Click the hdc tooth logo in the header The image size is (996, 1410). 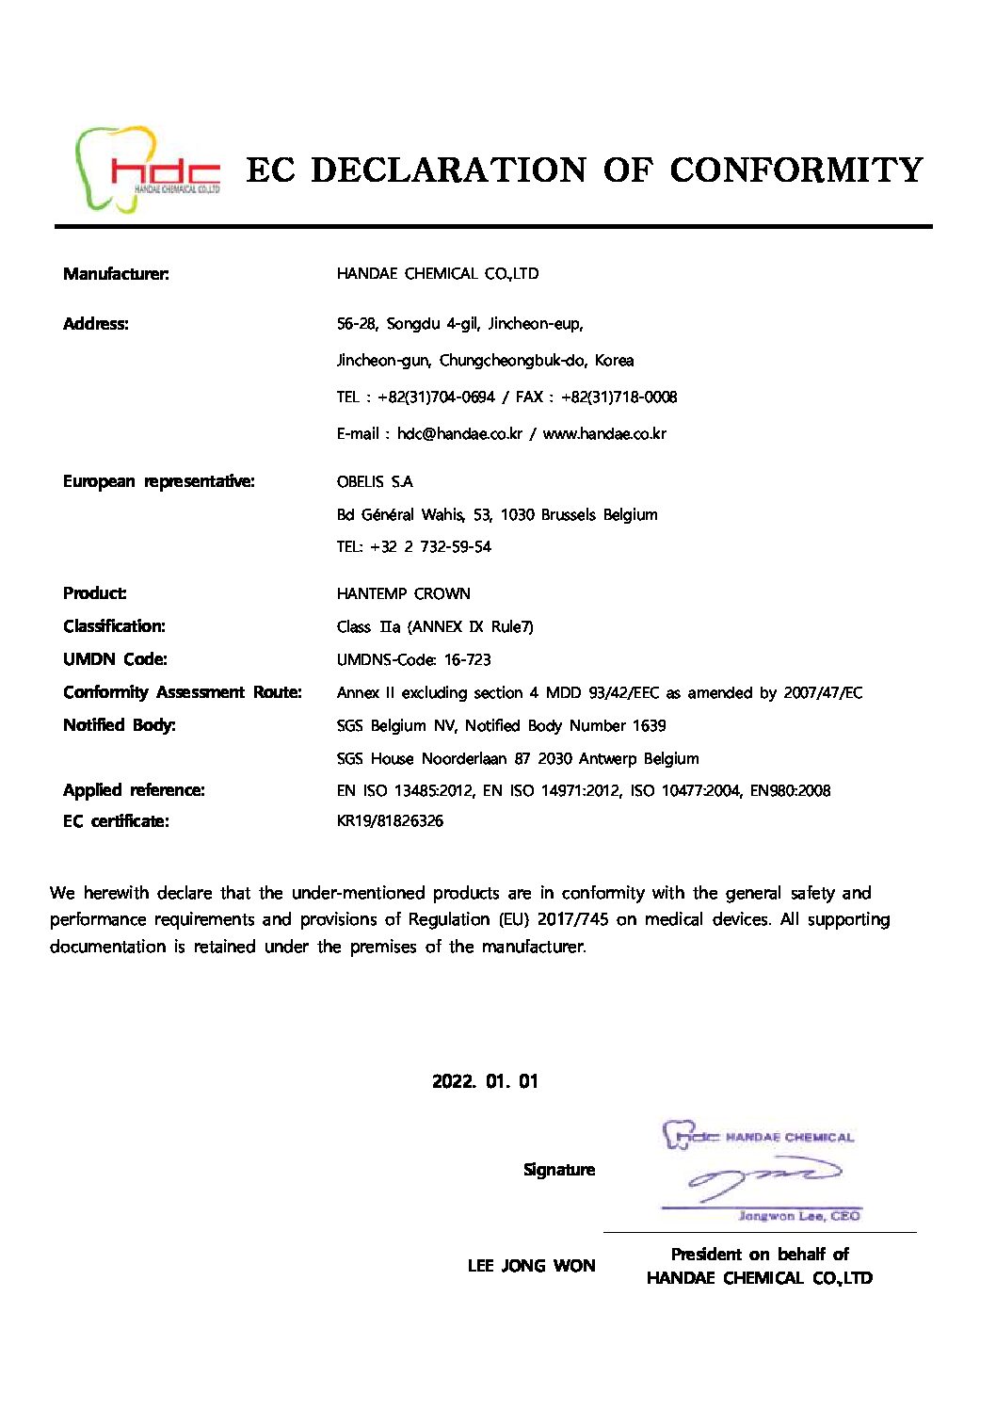147,170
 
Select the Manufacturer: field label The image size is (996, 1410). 116,274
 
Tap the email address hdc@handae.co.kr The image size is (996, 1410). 459,434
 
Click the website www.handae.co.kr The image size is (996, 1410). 604,434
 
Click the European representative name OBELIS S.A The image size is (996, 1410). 375,482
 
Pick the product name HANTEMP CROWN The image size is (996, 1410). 403,594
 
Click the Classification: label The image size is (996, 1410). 114,626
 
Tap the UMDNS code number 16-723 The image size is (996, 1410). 468,660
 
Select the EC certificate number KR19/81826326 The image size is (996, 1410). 390,821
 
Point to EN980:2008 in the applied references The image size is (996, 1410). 790,791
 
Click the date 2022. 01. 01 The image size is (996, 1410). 485,1081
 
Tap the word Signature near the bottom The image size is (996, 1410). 559,1170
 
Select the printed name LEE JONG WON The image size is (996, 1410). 531,1266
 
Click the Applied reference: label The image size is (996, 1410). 134,790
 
